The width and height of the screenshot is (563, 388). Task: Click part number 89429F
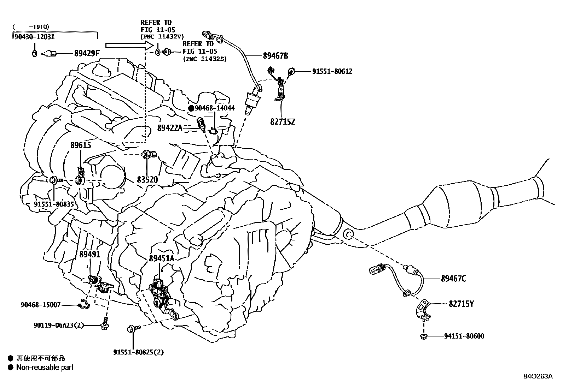87,54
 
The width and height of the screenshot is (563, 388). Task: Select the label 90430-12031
35,36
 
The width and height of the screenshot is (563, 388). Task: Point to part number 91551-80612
332,71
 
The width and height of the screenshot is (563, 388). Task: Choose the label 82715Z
283,122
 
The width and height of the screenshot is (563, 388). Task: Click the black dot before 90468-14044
191,108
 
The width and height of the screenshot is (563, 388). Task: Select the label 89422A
170,128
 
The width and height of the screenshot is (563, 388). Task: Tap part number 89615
81,145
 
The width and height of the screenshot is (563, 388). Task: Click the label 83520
147,180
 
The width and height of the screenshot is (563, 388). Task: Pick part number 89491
90,254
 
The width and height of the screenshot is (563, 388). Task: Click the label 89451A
161,258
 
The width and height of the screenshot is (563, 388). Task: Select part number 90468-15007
40,304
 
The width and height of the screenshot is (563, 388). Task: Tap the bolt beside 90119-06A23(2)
105,323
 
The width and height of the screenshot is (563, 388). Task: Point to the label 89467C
453,279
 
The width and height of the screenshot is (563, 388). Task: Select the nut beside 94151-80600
424,336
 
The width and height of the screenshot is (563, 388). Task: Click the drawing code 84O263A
538,376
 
